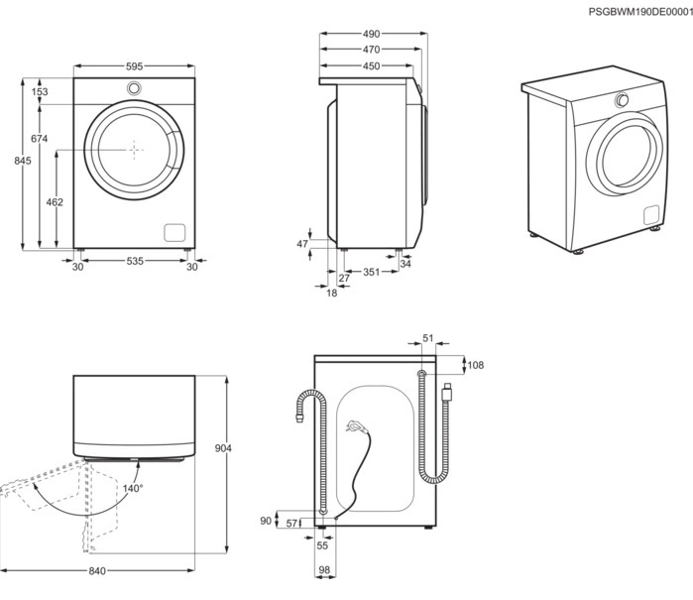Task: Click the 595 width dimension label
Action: coord(134,66)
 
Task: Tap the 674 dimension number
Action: coord(40,139)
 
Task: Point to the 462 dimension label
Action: coord(56,202)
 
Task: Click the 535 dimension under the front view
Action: coord(134,262)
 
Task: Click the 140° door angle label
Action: coord(133,488)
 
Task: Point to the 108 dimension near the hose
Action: coord(475,365)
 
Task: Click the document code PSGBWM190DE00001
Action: coord(639,11)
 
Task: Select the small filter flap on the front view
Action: coord(174,231)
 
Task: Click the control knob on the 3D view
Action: coord(623,100)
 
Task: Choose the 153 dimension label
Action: coord(40,92)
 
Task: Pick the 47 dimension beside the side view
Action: coord(303,243)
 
